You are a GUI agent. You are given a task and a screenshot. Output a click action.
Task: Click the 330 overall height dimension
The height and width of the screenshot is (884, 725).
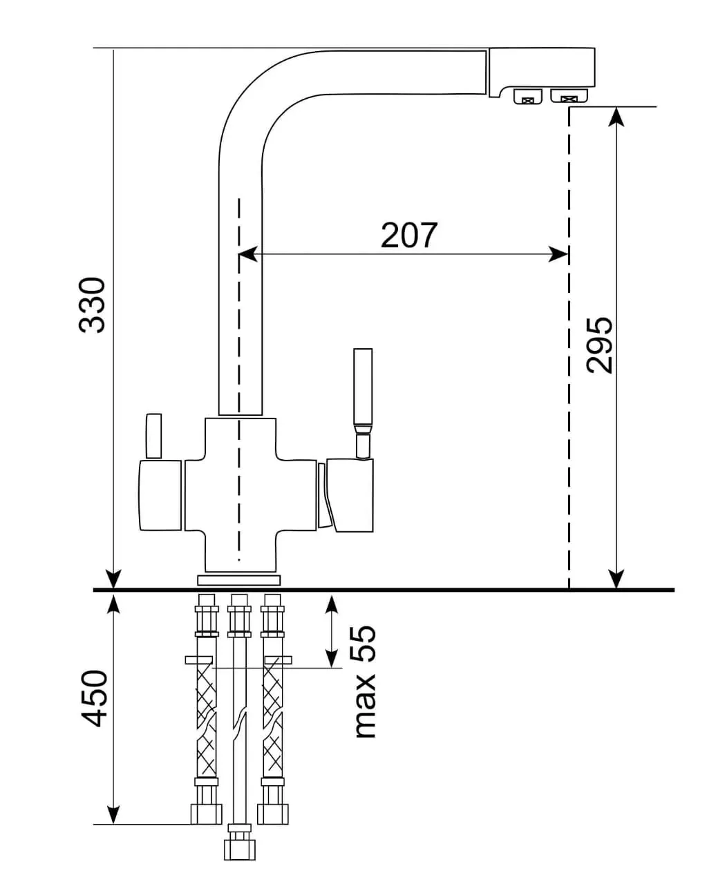tap(91, 305)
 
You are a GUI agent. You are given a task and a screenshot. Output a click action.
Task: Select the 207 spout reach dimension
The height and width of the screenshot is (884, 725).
tap(409, 236)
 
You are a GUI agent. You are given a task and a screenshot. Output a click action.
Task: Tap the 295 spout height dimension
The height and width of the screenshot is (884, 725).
tap(599, 345)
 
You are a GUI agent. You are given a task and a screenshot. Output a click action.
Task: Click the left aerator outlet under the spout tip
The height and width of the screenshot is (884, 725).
tap(528, 97)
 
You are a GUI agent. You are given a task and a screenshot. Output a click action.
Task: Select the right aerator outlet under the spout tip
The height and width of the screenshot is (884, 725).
tap(569, 95)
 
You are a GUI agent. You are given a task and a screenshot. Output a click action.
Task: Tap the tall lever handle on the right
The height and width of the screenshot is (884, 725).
tap(362, 403)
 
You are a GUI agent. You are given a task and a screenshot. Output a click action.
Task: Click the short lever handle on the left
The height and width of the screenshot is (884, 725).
tap(153, 436)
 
